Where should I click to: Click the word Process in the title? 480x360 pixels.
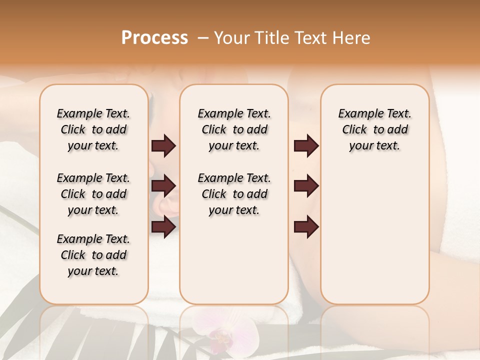point(154,38)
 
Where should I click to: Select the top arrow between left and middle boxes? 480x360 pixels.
point(163,146)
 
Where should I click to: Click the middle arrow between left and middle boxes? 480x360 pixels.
point(163,186)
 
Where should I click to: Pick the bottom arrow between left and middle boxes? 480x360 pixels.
point(163,227)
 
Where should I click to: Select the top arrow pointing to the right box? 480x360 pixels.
point(306,146)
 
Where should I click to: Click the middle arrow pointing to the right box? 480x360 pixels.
point(306,186)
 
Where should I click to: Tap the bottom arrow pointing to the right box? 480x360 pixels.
point(306,227)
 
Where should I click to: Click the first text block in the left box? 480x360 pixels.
point(93,129)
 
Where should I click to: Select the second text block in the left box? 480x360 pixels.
point(93,194)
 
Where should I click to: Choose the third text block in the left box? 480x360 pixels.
point(93,255)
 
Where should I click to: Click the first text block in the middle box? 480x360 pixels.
point(234,129)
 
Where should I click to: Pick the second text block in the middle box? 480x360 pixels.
point(234,194)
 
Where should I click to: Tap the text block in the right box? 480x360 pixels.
point(374,129)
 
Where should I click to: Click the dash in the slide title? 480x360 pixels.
point(203,38)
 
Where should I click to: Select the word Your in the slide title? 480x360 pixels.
point(231,38)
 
